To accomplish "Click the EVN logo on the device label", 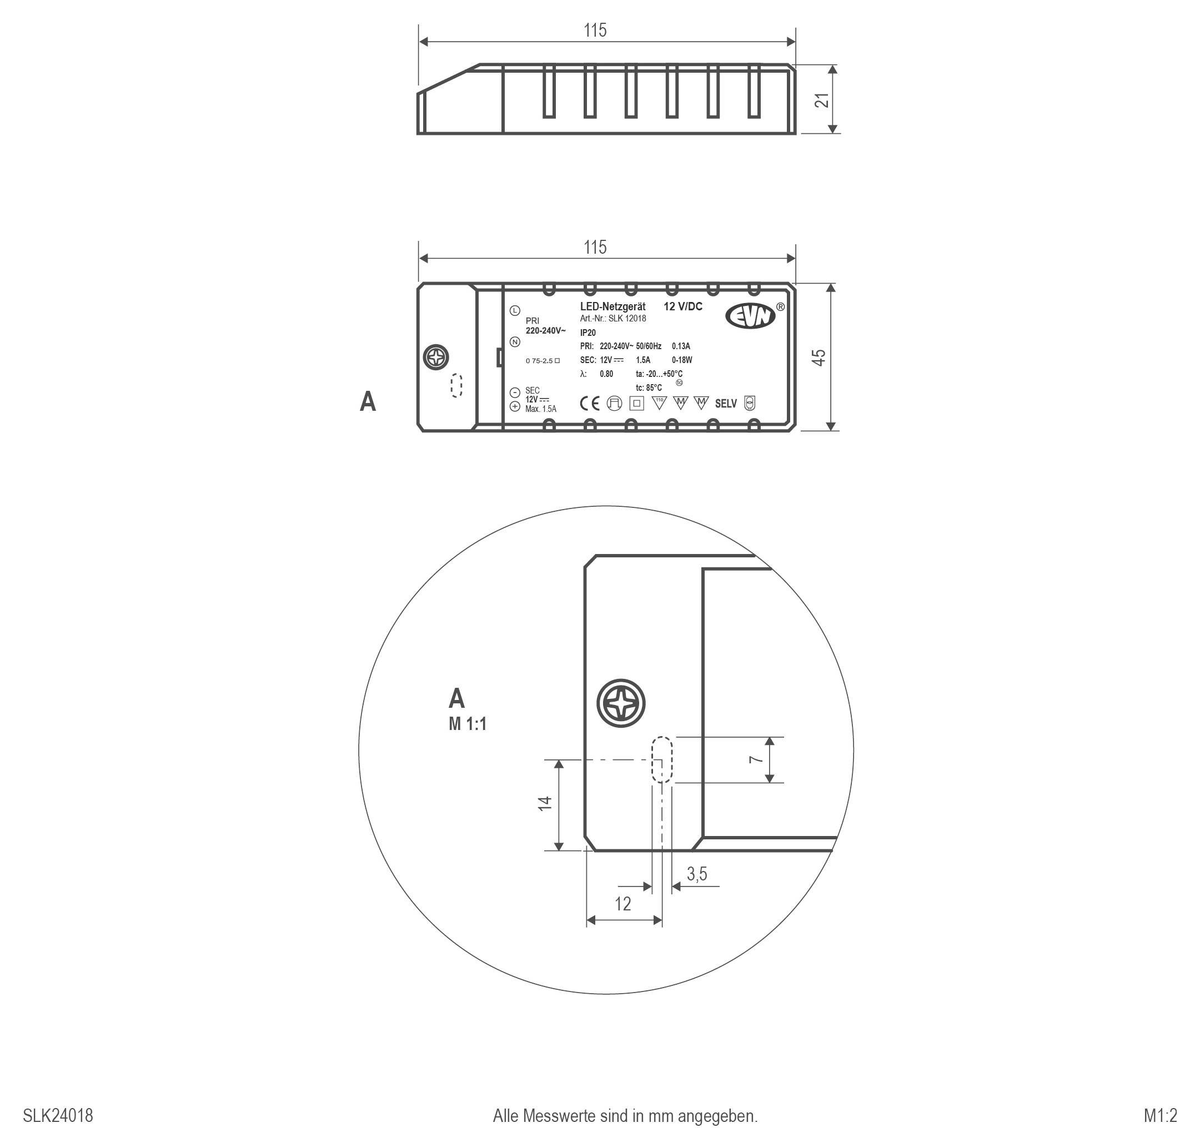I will [751, 316].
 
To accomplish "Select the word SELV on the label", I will [726, 404].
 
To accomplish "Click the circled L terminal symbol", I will [515, 311].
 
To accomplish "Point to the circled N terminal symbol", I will [515, 342].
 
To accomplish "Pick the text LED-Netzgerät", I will [612, 306].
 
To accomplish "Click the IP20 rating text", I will [588, 333].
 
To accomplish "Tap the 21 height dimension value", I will [824, 100].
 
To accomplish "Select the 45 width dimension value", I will [819, 358].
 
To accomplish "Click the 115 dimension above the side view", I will [595, 31].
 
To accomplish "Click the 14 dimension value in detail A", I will [545, 803].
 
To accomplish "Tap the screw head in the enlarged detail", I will [621, 704].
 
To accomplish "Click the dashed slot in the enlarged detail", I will [662, 759].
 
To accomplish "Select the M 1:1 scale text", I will [467, 724].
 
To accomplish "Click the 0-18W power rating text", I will [682, 360].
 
